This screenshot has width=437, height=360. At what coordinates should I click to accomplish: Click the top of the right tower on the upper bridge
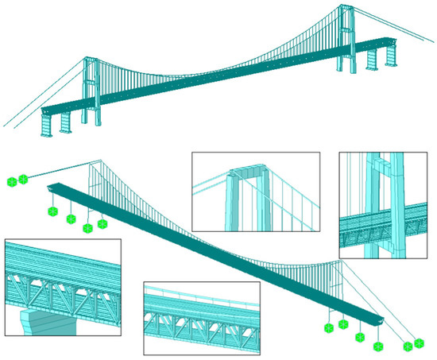[x=345, y=8]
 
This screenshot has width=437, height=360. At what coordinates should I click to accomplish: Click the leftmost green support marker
[x=11, y=182]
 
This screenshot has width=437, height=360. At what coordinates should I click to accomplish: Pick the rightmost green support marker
[x=420, y=344]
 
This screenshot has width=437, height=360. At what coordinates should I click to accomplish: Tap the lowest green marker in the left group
[x=87, y=227]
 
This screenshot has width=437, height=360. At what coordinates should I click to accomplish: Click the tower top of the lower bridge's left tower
[x=91, y=161]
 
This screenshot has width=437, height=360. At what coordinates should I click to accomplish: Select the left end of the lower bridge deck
[x=52, y=187]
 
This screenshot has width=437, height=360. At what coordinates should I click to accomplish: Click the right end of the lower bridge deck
[x=383, y=318]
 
